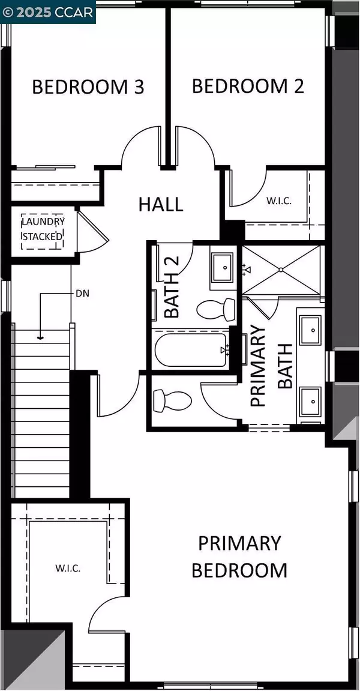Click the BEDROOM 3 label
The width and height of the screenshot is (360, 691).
pos(88,87)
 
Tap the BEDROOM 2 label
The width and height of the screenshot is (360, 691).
pos(248,86)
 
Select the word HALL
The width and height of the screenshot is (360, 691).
pos(161,205)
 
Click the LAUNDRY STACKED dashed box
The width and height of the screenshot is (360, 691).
pos(43,231)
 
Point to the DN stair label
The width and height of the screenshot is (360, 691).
pos(83,292)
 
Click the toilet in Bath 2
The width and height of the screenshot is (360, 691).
pos(216,309)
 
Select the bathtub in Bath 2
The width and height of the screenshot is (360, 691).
pos(190,350)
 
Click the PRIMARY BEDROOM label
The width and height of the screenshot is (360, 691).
pos(239,557)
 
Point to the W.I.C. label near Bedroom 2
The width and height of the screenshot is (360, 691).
pos(279,201)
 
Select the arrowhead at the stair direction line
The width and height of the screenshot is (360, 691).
pos(40,339)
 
